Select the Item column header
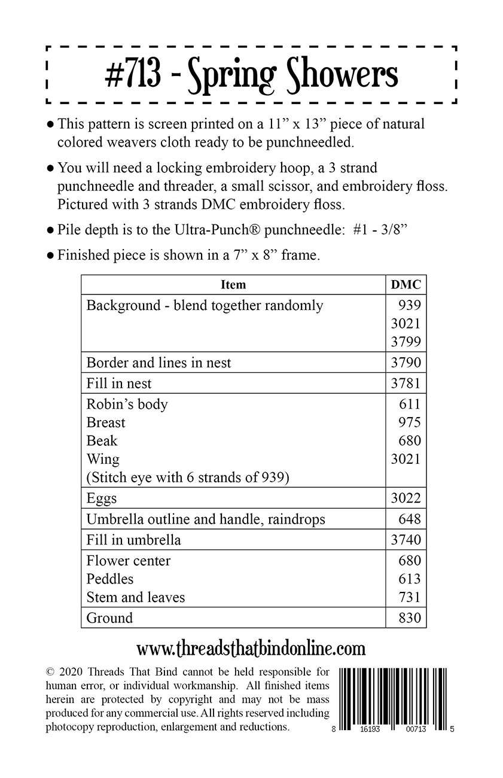(233, 285)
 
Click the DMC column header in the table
(406, 285)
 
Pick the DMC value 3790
(406, 363)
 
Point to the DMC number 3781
(406, 384)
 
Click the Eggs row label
(102, 498)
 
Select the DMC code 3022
(406, 498)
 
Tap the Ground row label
(109, 618)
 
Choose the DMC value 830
(410, 618)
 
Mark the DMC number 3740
(406, 540)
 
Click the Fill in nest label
(119, 384)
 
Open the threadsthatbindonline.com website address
(251, 648)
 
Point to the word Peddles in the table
(110, 579)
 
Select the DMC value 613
(410, 579)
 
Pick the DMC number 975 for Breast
(410, 423)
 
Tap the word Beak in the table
(102, 441)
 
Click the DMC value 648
(410, 519)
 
